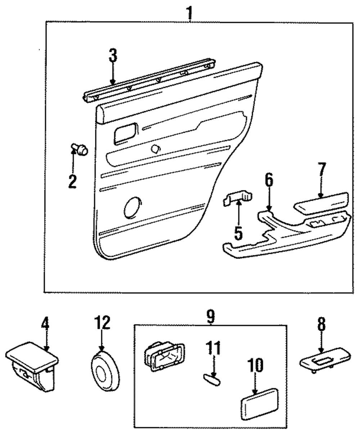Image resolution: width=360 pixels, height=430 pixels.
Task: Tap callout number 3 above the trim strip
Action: [x=113, y=55]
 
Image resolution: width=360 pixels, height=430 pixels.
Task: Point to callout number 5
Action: [x=238, y=233]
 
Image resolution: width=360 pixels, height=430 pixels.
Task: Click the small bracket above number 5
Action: [x=238, y=198]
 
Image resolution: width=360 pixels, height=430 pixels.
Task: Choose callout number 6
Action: [x=269, y=180]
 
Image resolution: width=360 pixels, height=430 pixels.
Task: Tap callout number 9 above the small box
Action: [x=210, y=317]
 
